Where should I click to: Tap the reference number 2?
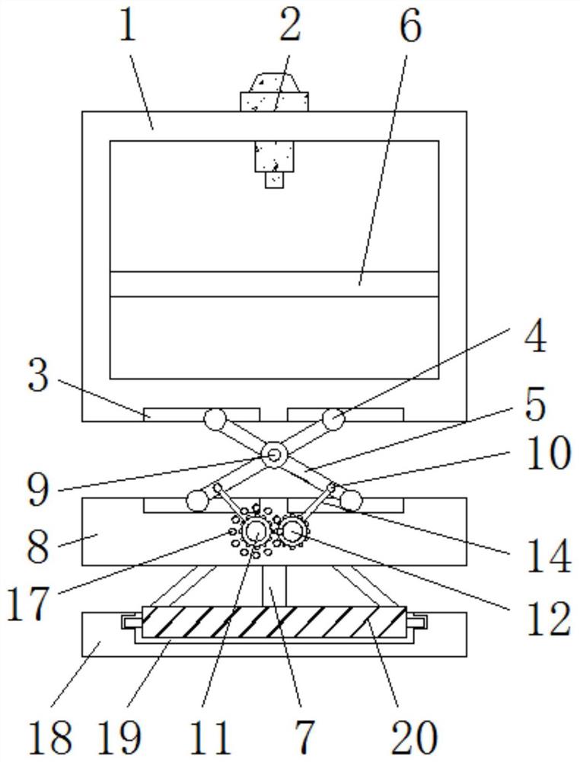[288, 27]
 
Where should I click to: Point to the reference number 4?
[534, 336]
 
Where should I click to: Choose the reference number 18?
[50, 737]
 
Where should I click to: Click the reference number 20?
[413, 737]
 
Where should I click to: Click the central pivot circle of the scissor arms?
[273, 456]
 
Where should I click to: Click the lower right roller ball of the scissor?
[351, 500]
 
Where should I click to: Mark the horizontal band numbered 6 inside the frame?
[274, 283]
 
